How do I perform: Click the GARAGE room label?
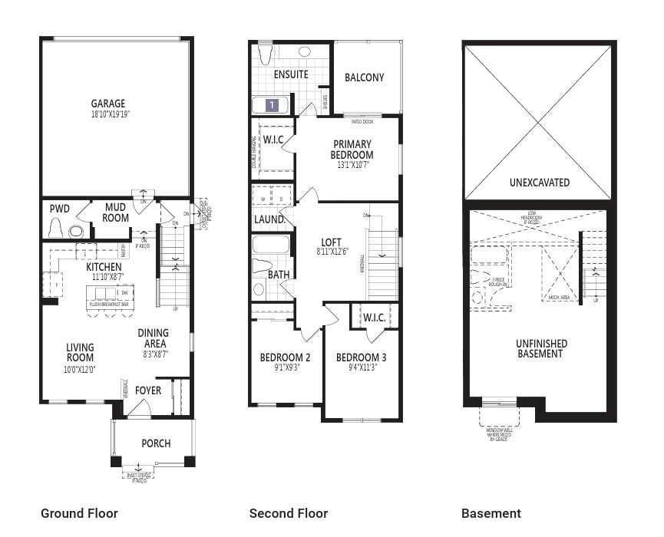(x=108, y=104)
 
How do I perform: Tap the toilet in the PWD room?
(x=55, y=228)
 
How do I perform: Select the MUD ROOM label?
(x=116, y=212)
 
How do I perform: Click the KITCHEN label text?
(x=104, y=266)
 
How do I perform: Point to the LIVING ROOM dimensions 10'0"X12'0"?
(x=80, y=369)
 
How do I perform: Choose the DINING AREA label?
(x=154, y=338)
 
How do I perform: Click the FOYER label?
(x=148, y=390)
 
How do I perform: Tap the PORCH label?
(x=156, y=443)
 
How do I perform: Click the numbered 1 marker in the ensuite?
(x=272, y=105)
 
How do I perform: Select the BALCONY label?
(x=365, y=77)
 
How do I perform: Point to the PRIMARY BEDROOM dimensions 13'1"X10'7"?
(x=352, y=165)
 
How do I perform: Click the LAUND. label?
(x=270, y=219)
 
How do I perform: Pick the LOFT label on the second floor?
(x=331, y=241)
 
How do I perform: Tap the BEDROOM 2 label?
(x=285, y=357)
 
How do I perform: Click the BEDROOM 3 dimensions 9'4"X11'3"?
(x=361, y=367)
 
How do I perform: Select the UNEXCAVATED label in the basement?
(x=540, y=183)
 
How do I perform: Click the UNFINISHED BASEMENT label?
(x=541, y=349)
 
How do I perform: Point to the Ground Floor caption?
(x=79, y=513)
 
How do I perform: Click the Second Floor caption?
(x=289, y=513)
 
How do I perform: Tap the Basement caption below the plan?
(x=491, y=513)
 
